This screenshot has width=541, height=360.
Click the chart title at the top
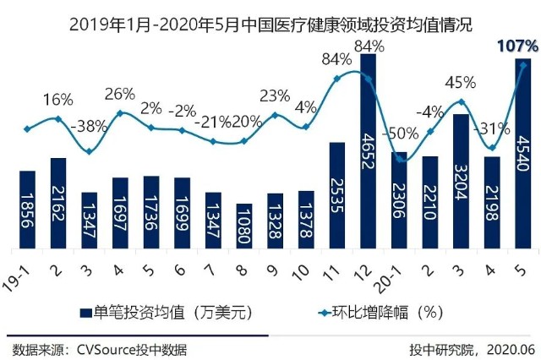click(x=270, y=24)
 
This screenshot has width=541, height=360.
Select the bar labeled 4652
click(x=368, y=152)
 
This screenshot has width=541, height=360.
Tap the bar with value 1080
click(x=244, y=226)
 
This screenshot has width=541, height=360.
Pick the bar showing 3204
click(x=461, y=182)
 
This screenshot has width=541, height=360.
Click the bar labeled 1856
click(x=28, y=210)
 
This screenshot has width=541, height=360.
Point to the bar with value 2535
click(x=336, y=195)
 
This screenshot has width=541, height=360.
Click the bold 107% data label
click(x=517, y=45)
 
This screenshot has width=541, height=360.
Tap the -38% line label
click(x=89, y=128)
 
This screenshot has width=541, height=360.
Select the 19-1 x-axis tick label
click(x=23, y=269)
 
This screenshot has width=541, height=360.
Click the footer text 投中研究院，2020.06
click(x=470, y=348)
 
